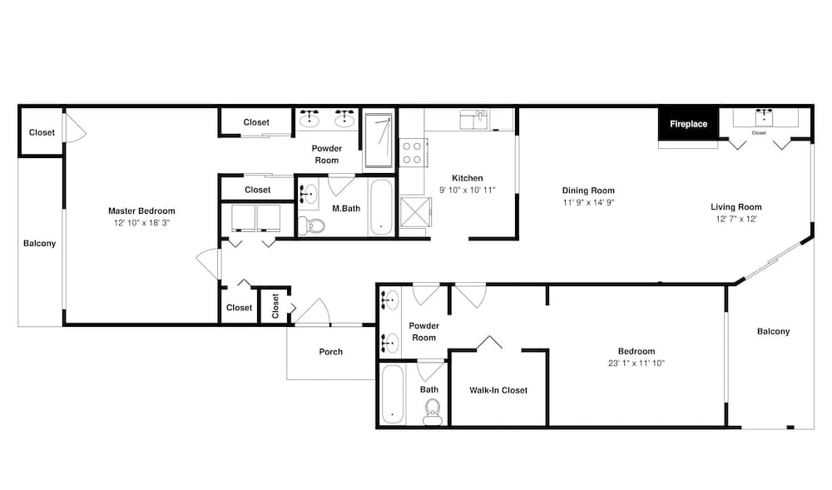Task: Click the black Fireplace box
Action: click(688, 124)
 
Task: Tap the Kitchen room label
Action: click(468, 178)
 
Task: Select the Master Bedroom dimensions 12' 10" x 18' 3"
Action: click(141, 223)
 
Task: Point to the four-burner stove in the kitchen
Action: click(413, 152)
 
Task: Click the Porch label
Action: click(330, 352)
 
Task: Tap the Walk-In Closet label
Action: click(498, 390)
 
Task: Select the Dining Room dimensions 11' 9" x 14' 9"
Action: click(588, 203)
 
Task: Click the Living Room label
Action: click(736, 207)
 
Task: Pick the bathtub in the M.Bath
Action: click(381, 207)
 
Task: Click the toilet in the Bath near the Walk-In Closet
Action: click(433, 412)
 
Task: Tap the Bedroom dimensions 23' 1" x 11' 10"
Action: click(636, 364)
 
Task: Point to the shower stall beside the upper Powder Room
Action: click(379, 141)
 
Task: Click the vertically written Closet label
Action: click(275, 306)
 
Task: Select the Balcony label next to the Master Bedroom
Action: click(39, 244)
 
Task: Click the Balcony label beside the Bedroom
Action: click(773, 331)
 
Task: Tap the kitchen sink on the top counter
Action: click(474, 120)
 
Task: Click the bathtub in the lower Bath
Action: click(392, 394)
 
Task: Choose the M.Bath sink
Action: click(309, 195)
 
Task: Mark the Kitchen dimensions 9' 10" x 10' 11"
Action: click(468, 190)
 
